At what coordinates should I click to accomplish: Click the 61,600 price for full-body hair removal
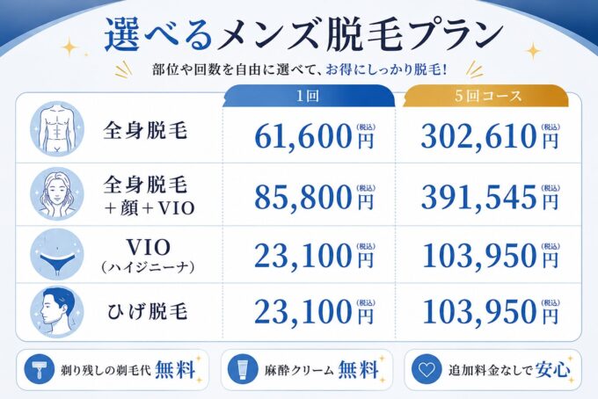coord(303,137)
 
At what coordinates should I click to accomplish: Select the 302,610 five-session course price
coord(479,137)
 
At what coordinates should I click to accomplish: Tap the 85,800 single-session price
coord(303,198)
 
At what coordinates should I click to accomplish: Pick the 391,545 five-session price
coord(479,198)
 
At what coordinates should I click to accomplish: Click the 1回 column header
coord(308,96)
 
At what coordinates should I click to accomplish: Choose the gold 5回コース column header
coord(487,96)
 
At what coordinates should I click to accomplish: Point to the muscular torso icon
coord(57,128)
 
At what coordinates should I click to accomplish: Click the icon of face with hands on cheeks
coord(57,193)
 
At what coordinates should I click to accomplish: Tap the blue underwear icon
coord(57,254)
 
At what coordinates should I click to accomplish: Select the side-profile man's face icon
coord(57,312)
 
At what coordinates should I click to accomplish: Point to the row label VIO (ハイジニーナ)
coord(148,256)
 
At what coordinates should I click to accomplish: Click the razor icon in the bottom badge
coord(37,369)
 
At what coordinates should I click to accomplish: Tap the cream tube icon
coord(241,369)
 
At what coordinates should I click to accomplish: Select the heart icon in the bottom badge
coord(425,369)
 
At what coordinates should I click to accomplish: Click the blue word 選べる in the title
coord(159,36)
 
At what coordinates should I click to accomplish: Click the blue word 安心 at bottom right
coord(552,369)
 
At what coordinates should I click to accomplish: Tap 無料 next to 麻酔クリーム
coord(358,369)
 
